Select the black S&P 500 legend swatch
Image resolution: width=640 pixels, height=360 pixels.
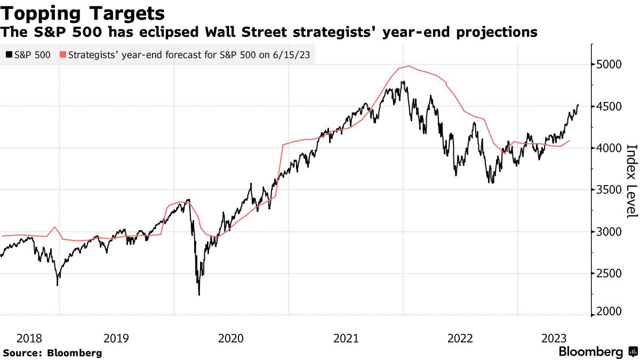click(x=9, y=54)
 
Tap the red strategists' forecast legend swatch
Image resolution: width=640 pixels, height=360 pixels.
click(x=63, y=54)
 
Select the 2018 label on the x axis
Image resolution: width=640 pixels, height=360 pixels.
click(x=29, y=338)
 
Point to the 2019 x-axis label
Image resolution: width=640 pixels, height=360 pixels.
click(x=116, y=338)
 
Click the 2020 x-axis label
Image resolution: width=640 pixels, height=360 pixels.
click(x=231, y=338)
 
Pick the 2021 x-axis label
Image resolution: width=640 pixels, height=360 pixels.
click(x=346, y=338)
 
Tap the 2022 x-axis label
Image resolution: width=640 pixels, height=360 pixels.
click(x=460, y=338)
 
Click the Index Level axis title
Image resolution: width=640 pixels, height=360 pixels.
click(x=631, y=180)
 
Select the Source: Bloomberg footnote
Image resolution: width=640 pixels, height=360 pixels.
click(x=52, y=353)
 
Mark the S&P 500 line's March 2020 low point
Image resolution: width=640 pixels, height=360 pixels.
click(x=199, y=295)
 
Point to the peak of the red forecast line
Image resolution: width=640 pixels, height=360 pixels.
click(x=409, y=66)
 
